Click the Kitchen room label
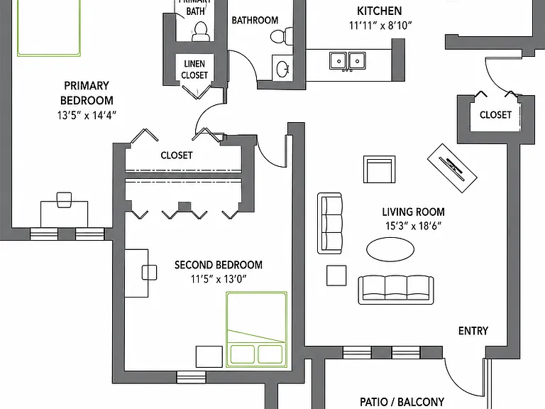(x=379, y=11)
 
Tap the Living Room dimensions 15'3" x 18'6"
(x=413, y=226)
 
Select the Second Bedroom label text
(x=219, y=265)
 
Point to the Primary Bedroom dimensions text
(x=87, y=115)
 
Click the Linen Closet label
(x=194, y=69)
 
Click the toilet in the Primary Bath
(x=200, y=31)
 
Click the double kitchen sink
(x=347, y=61)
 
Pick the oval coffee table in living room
(x=390, y=249)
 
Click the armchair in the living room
(x=379, y=170)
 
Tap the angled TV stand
(x=452, y=168)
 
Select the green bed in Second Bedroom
(x=256, y=329)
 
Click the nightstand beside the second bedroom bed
(x=209, y=356)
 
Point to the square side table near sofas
(x=336, y=276)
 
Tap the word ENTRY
(x=473, y=331)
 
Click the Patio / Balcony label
(x=402, y=402)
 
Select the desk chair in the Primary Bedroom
(x=64, y=200)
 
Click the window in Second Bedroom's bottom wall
(x=191, y=377)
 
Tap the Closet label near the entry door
(x=495, y=115)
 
